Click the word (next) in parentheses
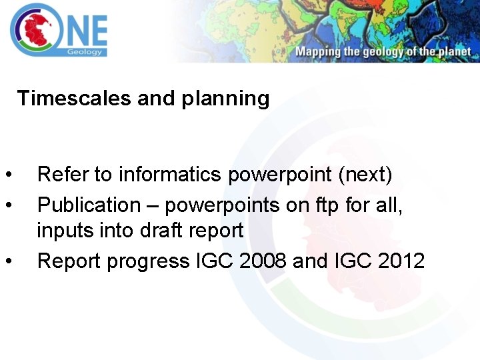[365, 175]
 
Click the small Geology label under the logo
[85, 51]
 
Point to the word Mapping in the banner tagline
[319, 52]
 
